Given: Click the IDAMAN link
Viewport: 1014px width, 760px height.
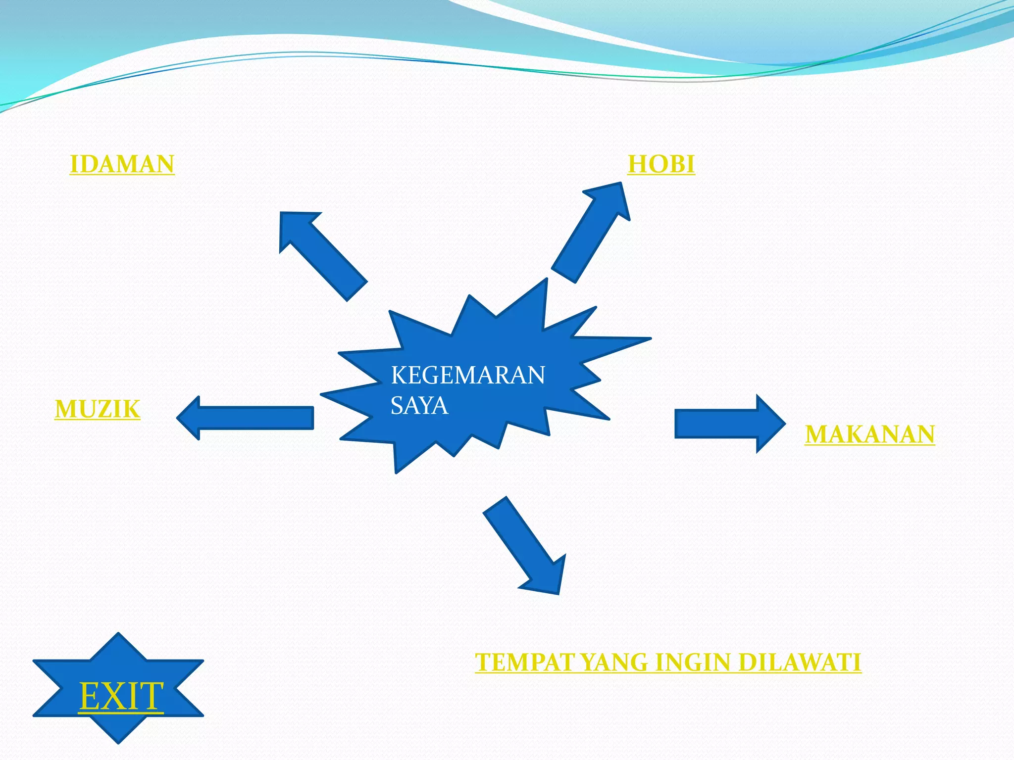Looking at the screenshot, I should point(122,164).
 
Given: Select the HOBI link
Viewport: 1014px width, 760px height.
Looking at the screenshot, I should point(661,164).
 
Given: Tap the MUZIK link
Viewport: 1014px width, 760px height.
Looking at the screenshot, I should point(98,409).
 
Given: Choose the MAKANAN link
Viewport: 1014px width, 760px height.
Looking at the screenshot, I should point(870,434).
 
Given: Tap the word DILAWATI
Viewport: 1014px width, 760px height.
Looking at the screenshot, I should point(800,662).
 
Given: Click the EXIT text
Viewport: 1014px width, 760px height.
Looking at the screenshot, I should point(121,696).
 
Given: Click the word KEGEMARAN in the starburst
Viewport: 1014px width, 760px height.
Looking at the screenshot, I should point(468,375).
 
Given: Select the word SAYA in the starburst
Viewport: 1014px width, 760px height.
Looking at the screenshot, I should point(419,406).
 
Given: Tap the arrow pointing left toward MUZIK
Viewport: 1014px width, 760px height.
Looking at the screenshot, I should point(248,418).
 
